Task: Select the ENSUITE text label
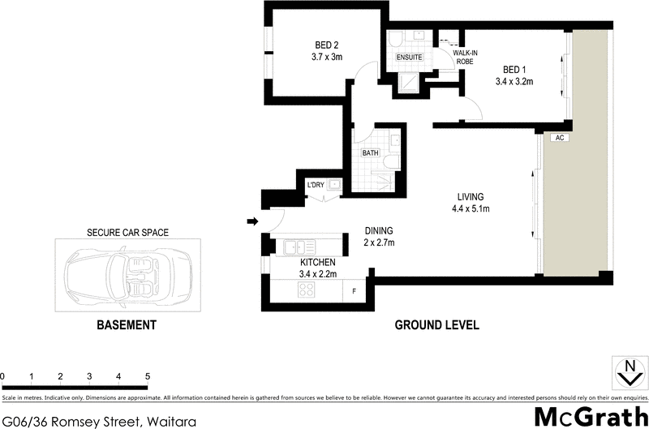pos(407,58)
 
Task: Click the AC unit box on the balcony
pos(558,138)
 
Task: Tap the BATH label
pos(370,152)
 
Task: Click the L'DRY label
pos(316,186)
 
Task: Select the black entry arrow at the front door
pos(252,221)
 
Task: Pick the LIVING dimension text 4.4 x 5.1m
pos(470,209)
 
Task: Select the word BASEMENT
pos(126,325)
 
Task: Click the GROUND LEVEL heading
pos(436,325)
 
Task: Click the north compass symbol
pos(625,373)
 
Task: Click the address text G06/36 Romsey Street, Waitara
pos(98,420)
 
